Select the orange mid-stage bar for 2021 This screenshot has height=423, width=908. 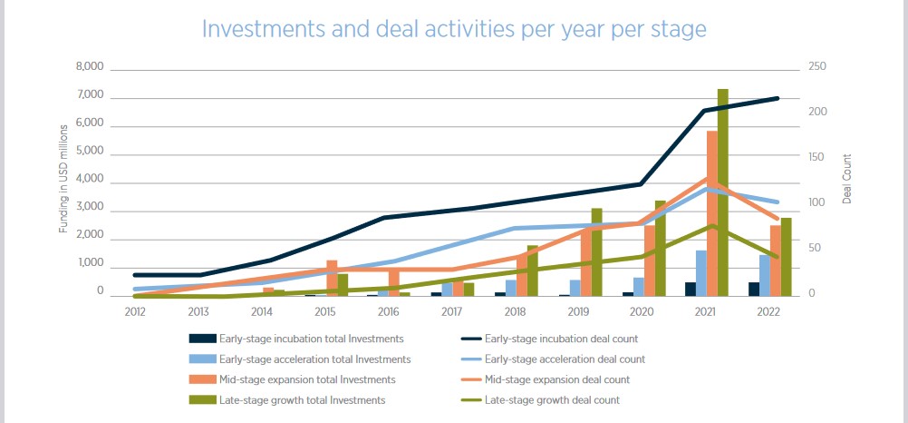712,213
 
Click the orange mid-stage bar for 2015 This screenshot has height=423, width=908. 333,278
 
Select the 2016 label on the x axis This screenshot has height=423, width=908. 389,311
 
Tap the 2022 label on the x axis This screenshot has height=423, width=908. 768,311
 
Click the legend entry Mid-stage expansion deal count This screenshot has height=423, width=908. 556,379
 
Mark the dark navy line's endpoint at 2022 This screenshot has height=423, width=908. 778,98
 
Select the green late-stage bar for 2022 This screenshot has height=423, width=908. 786,257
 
